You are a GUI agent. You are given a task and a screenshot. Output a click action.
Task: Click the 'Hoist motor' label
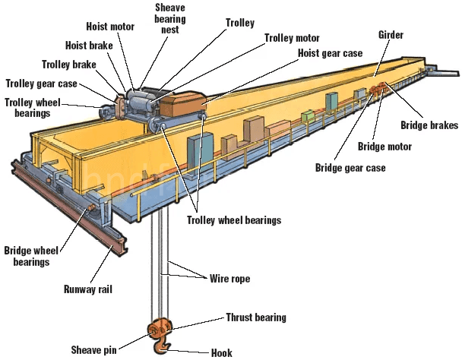[x=110, y=27]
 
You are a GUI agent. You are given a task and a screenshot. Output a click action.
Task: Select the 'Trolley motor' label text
[x=293, y=37]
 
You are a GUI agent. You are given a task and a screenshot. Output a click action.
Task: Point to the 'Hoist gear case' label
[x=330, y=52]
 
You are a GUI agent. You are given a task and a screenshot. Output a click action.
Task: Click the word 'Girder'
[x=391, y=35]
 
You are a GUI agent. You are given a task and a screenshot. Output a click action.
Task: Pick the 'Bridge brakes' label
[x=431, y=125]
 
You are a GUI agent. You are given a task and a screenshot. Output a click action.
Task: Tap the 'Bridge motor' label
[x=384, y=146]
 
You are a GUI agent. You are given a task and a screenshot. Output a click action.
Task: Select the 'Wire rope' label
[x=229, y=279]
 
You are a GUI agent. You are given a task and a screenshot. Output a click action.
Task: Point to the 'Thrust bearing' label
[x=256, y=317]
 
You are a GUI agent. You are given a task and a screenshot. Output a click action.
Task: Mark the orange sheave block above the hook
[x=161, y=329]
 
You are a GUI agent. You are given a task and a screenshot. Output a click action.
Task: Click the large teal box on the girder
[x=201, y=149]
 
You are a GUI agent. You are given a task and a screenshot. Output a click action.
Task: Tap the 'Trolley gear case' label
[x=41, y=83]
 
